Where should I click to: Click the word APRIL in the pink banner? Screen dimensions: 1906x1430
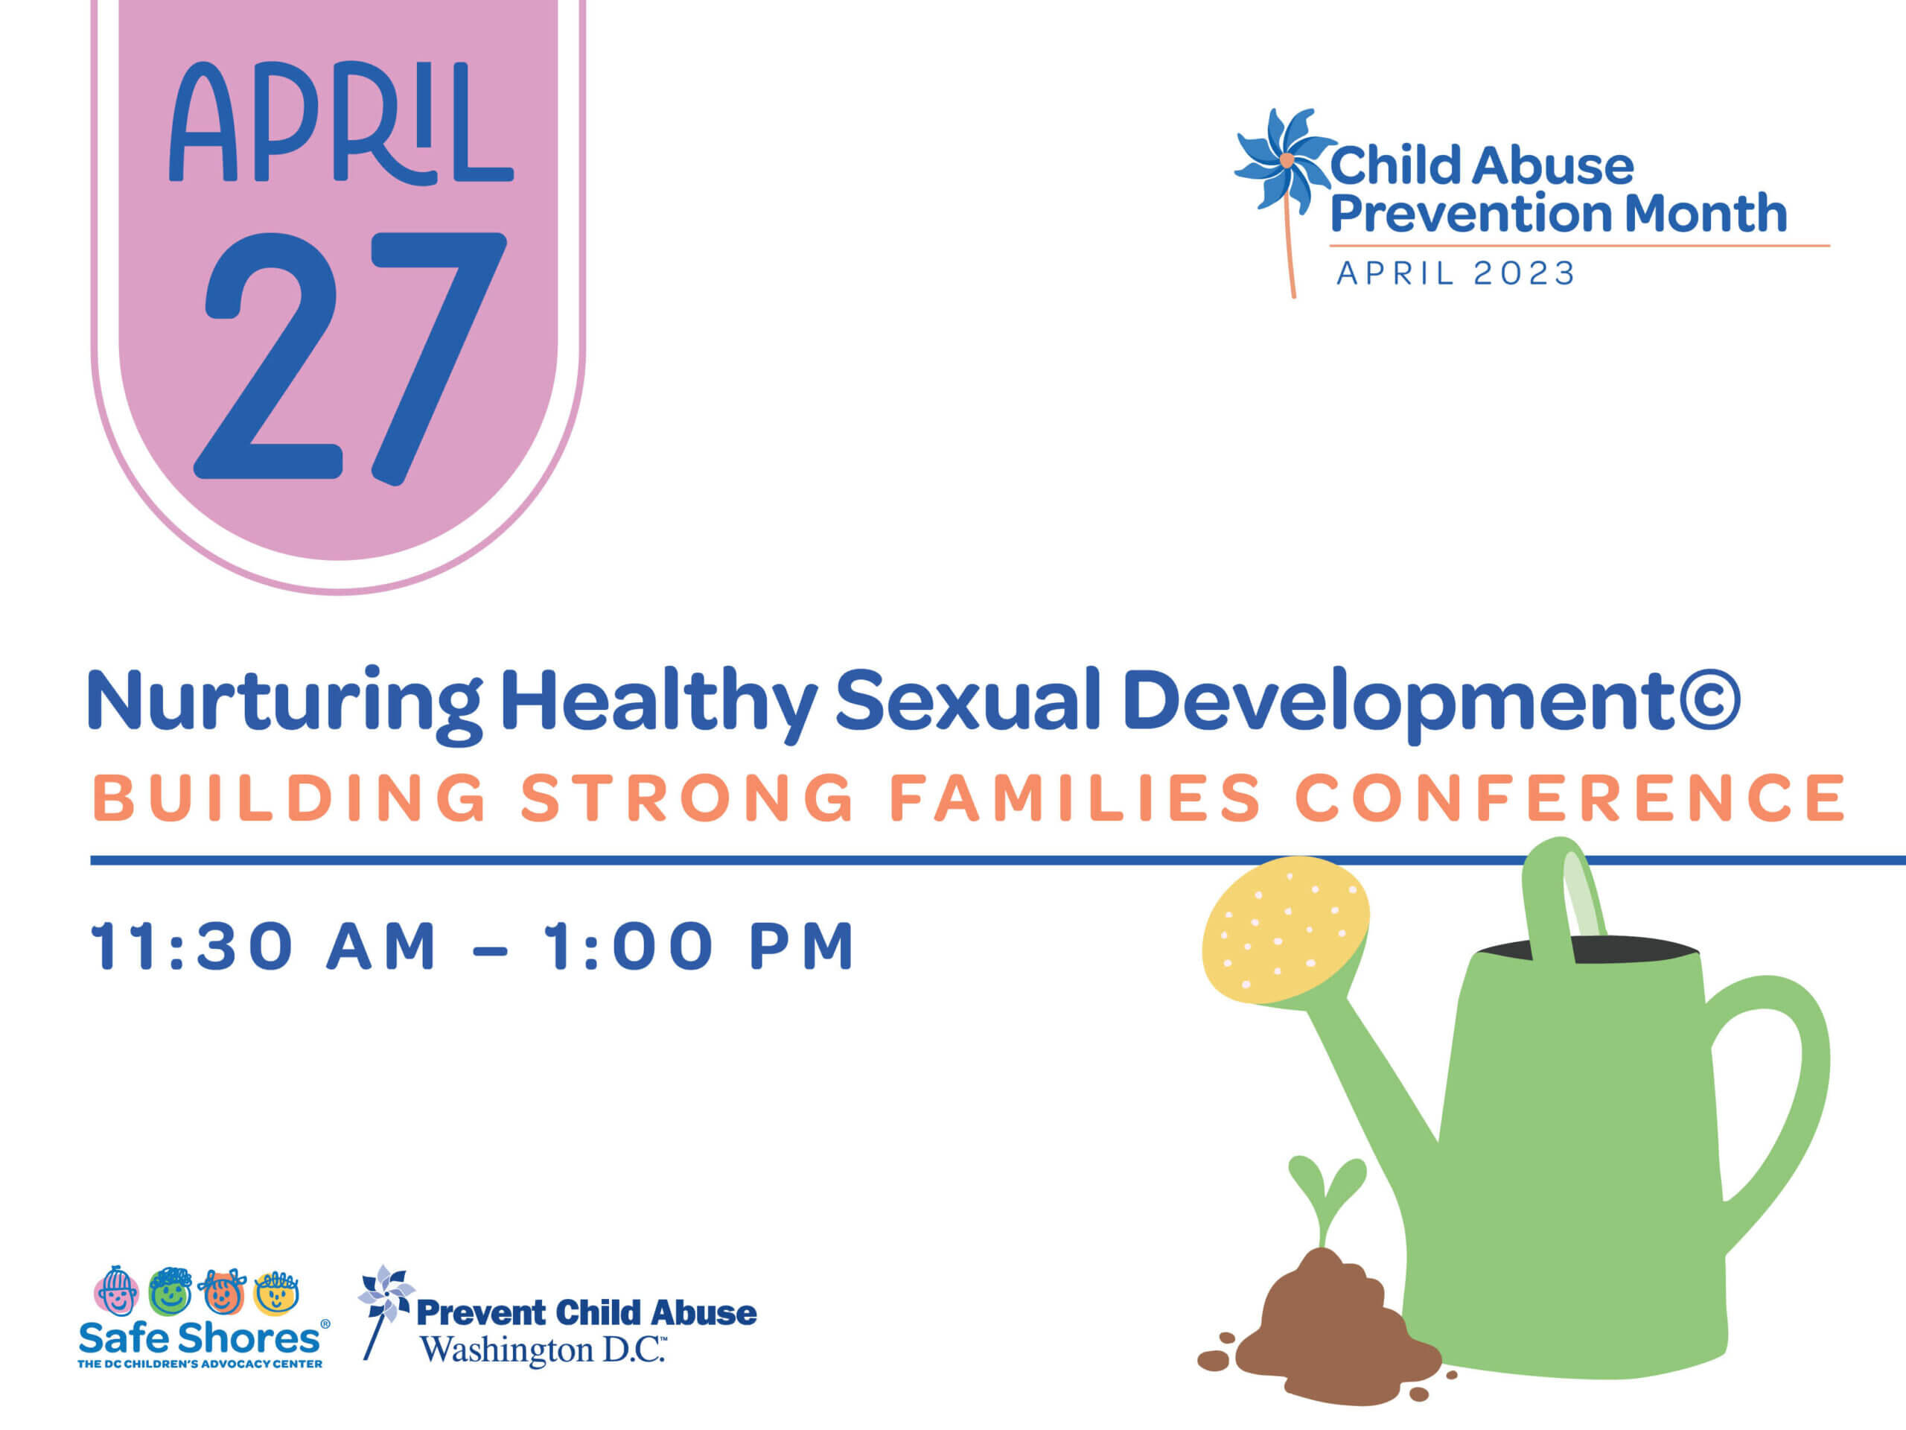[341, 122]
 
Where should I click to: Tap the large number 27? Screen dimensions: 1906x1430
[350, 357]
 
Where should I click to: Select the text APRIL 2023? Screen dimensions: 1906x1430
[1456, 273]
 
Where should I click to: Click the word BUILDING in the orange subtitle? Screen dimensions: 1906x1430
[290, 798]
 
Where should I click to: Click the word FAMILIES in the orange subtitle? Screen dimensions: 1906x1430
[1074, 798]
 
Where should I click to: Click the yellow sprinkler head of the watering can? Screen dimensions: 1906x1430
[1285, 931]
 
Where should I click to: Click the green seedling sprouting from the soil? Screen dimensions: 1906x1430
[1326, 1200]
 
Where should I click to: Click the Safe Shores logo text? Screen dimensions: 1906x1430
[199, 1338]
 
